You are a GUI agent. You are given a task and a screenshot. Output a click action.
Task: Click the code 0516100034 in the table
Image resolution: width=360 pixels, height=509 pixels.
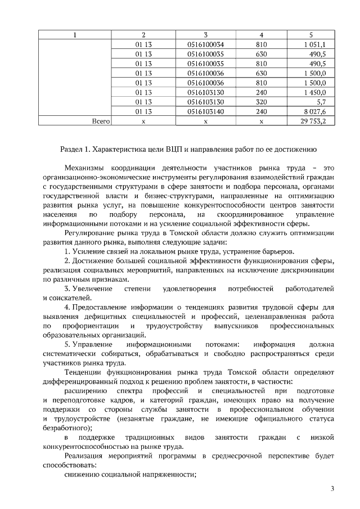[205, 44]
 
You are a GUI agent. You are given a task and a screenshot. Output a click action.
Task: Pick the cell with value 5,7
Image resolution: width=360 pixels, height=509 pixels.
[321, 102]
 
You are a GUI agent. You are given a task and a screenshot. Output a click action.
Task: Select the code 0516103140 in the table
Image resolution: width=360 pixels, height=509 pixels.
[205, 111]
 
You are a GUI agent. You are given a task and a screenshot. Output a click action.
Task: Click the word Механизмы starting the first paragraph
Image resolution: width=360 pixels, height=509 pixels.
[86, 168]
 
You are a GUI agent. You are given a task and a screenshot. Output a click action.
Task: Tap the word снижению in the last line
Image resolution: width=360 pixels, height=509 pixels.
[82, 475]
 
